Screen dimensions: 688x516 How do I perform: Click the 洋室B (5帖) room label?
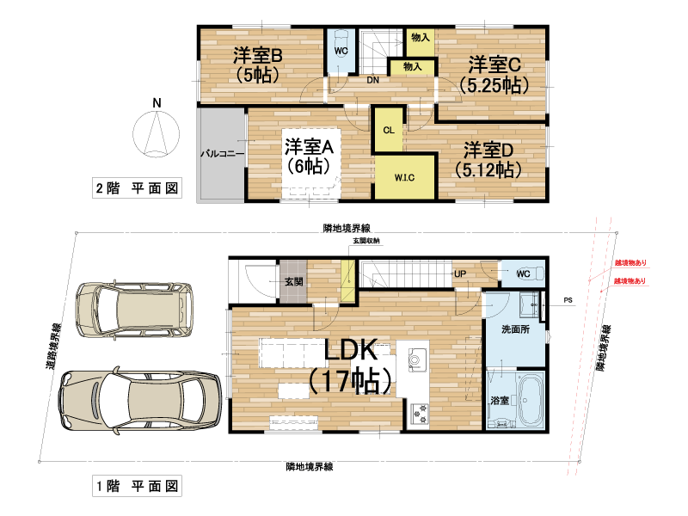(257, 64)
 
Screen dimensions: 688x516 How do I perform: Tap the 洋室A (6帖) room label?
(309, 157)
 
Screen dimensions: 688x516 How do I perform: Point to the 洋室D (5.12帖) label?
(488, 160)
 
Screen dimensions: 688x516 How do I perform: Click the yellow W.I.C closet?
(404, 176)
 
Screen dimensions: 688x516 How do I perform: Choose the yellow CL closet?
(388, 130)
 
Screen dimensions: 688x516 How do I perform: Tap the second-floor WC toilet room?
(341, 52)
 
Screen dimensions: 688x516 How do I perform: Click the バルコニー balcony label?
(223, 154)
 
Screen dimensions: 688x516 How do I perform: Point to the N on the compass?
(157, 103)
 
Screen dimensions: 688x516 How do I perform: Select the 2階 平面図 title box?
(137, 188)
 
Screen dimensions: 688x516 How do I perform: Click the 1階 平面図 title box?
(137, 486)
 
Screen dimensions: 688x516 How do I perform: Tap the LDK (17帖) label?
(350, 365)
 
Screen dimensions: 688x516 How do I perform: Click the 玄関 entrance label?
(293, 281)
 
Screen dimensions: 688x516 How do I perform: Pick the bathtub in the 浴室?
(531, 400)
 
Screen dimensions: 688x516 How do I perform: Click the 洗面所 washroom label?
(515, 329)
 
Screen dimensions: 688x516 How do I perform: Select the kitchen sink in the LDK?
(417, 359)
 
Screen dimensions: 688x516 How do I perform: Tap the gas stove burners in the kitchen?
(419, 414)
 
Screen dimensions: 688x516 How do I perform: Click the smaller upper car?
(134, 310)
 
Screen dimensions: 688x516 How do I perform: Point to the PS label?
(568, 300)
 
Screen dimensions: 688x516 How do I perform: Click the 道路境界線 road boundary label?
(54, 347)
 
